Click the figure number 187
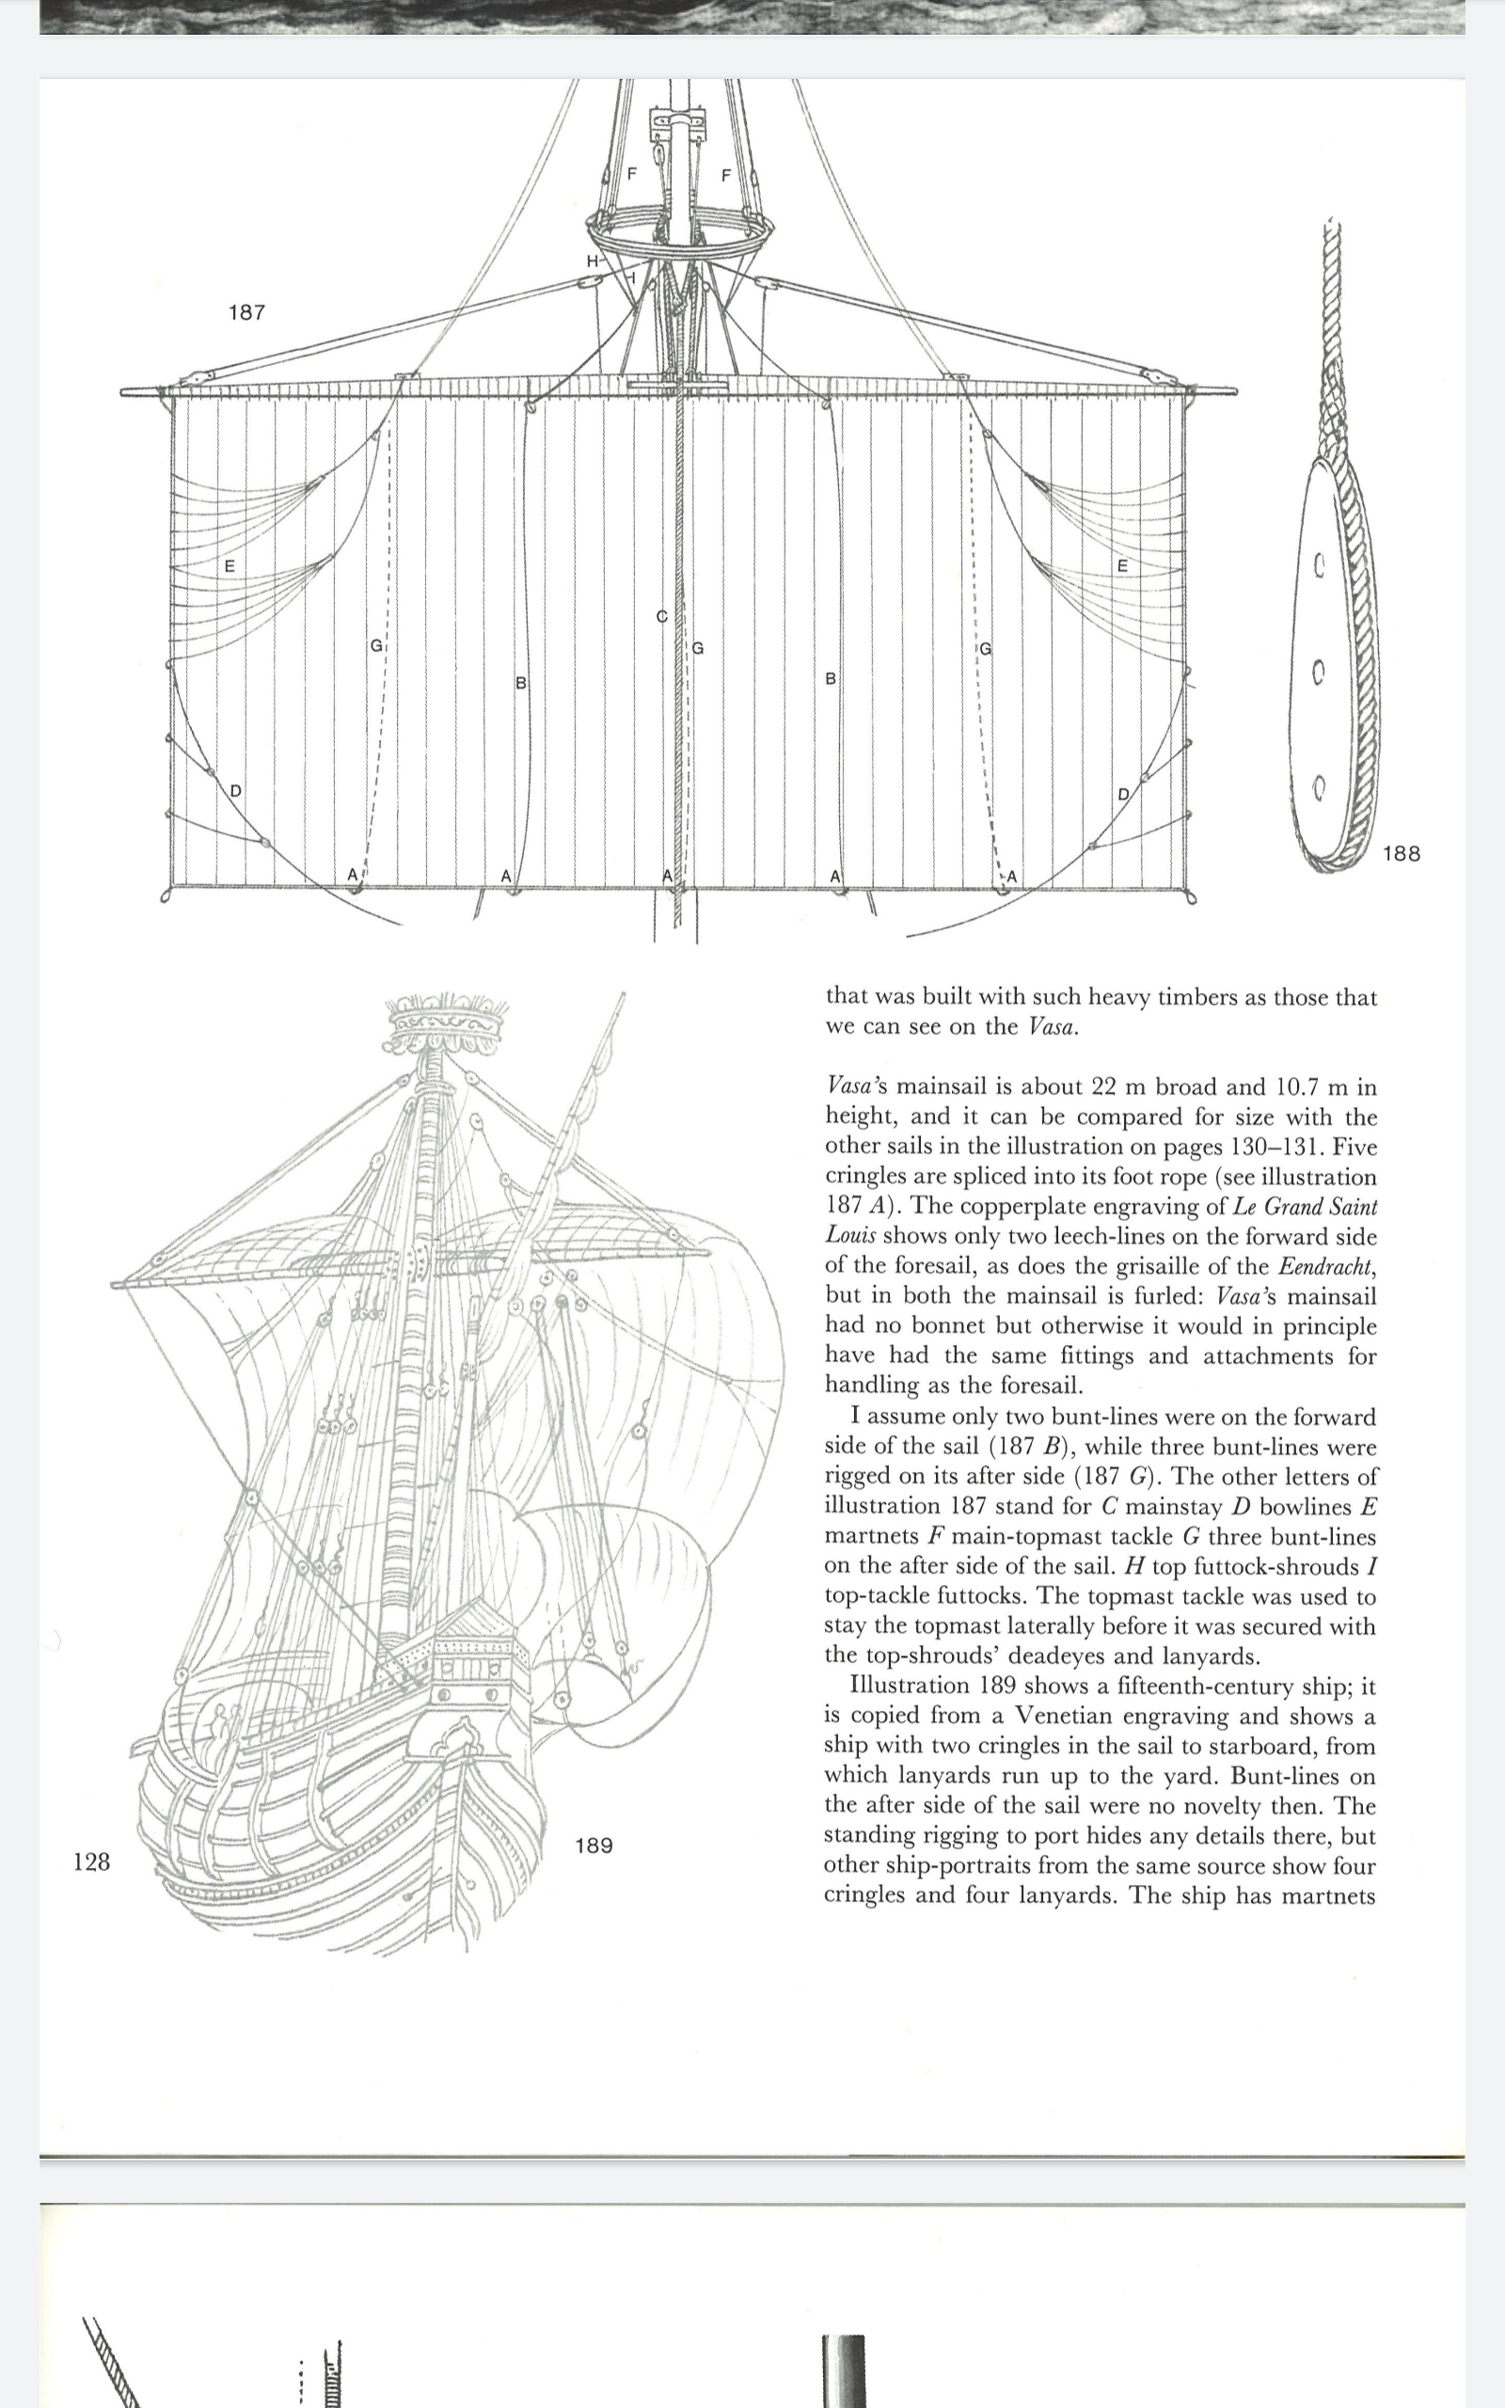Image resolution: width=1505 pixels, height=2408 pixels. tap(246, 312)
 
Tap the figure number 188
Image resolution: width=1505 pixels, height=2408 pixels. tap(1401, 853)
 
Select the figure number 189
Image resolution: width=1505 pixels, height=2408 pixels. tap(594, 1846)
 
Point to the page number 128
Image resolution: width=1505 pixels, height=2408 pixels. tap(91, 1861)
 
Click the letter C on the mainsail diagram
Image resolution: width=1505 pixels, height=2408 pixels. tap(661, 617)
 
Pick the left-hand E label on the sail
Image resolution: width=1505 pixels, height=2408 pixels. tap(229, 566)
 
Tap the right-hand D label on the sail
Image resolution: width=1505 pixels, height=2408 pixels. tap(1123, 794)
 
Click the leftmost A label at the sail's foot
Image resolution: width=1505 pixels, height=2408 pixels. tap(353, 875)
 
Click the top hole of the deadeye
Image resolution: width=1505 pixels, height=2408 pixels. tap(1318, 567)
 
